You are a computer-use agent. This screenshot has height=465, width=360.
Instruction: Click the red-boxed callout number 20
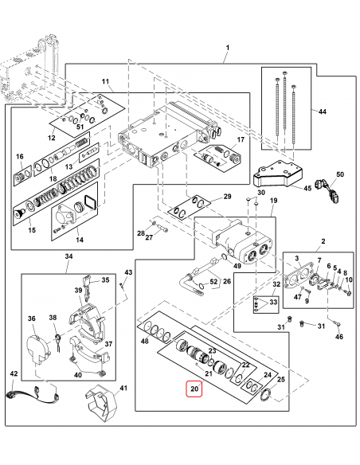pos(196,390)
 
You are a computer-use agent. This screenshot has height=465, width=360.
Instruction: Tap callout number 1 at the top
pos(226,49)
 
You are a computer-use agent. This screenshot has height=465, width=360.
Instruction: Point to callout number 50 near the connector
pos(340,174)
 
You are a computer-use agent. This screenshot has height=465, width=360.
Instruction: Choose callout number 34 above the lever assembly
pos(68,256)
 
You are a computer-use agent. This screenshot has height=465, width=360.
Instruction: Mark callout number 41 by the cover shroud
pos(122,389)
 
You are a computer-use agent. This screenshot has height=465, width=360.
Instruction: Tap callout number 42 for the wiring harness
pos(13,373)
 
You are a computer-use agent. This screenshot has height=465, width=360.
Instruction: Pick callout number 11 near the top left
pos(105,82)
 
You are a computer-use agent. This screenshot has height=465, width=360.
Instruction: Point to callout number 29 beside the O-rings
pos(226,197)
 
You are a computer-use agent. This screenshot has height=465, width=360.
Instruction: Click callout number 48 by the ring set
pos(144,341)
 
